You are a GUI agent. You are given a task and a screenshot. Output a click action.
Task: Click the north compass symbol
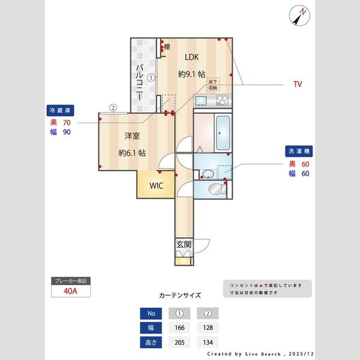pos(298,14)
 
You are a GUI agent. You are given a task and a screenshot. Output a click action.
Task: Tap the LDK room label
pos(191,58)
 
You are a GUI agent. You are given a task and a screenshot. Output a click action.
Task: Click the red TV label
pos(297,85)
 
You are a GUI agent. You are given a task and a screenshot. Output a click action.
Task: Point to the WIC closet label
pos(157,185)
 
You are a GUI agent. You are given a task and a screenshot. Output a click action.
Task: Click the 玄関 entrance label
pos(184,244)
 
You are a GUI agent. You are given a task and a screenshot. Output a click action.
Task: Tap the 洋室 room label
pos(132,136)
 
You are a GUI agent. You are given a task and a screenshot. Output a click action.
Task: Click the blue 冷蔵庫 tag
pos(61,110)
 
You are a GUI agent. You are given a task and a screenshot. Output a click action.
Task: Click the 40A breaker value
pos(71,292)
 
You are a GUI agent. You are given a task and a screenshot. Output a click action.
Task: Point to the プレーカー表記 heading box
pos(71,281)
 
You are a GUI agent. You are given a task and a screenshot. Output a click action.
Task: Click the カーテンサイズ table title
pos(180,296)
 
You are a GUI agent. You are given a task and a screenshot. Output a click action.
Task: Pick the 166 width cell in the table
pos(179,328)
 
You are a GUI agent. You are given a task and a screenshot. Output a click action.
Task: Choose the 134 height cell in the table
pos(208,343)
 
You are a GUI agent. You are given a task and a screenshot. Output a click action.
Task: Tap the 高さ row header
pos(151,343)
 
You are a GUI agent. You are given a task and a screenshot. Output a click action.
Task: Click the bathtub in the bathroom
pos(222,133)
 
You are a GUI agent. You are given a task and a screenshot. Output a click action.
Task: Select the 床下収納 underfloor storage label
pos(213,84)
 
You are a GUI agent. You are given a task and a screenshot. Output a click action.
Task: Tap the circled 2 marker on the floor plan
pos(112,108)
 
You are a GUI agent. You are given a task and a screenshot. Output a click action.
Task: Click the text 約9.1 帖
pos(191,74)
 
